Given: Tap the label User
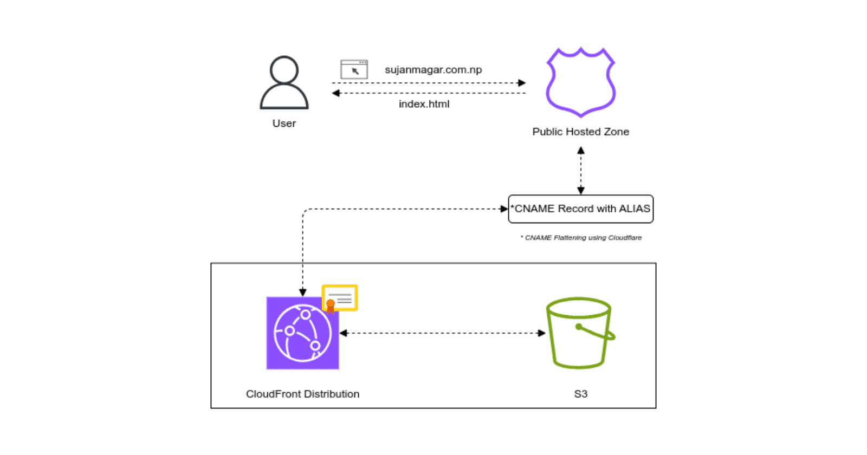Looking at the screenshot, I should [284, 123].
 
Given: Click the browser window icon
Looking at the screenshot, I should [354, 69].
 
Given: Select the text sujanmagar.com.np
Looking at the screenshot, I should [433, 70].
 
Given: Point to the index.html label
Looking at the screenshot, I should [424, 104].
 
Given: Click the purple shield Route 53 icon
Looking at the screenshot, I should [580, 82].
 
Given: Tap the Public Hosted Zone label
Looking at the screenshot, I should [580, 132].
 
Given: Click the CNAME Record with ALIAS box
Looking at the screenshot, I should [580, 209].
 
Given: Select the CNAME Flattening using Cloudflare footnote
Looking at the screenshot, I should [581, 238].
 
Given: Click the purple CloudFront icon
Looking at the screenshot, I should [302, 333].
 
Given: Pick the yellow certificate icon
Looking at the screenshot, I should [340, 298].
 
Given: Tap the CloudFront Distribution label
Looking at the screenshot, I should [302, 394].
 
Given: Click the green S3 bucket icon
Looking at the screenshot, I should [580, 333].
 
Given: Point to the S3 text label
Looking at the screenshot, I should [580, 394].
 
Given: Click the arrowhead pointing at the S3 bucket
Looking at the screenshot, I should [541, 333].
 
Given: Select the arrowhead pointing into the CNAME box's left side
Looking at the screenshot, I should [504, 209].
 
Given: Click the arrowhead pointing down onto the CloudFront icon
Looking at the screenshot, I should [303, 292].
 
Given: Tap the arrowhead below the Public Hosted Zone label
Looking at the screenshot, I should [581, 151].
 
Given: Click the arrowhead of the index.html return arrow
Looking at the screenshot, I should [336, 93].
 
